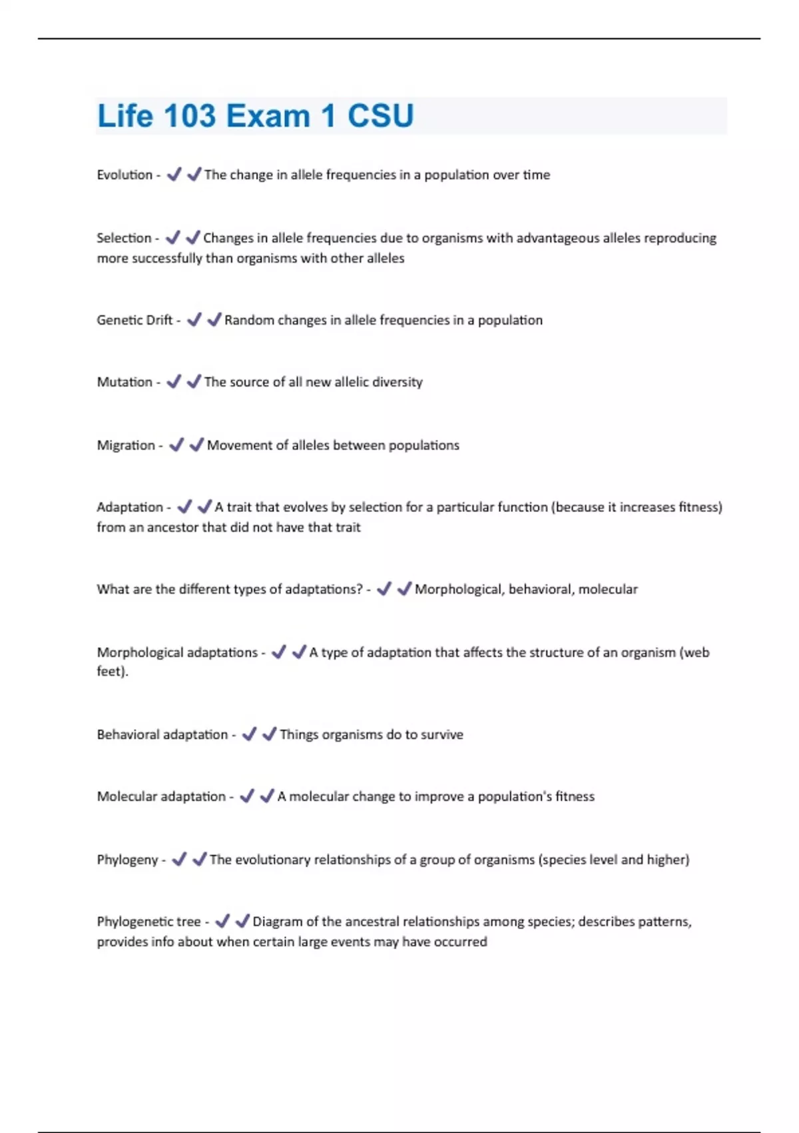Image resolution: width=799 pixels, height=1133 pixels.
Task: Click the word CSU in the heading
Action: [x=380, y=116]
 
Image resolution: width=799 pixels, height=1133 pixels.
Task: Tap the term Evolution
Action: [x=125, y=175]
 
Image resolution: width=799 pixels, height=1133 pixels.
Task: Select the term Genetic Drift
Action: [x=134, y=320]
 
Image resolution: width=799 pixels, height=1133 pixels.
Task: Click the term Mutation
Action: [x=125, y=382]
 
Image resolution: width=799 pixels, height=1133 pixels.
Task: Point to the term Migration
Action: [x=126, y=445]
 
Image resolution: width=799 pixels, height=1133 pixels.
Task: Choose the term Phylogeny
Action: [x=127, y=860]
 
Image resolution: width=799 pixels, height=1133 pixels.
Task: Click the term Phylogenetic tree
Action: [x=148, y=922]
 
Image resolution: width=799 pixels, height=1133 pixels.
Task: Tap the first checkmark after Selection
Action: [x=172, y=237]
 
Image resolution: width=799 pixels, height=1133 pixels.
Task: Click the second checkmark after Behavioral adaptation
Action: [x=269, y=734]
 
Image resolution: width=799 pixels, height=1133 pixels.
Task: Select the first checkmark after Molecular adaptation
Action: [x=247, y=796]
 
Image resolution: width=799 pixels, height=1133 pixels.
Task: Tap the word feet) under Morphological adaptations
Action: [x=112, y=671]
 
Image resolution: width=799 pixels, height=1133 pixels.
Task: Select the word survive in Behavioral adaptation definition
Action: [x=441, y=734]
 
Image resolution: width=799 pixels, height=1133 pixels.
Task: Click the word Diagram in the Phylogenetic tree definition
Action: [x=277, y=922]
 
